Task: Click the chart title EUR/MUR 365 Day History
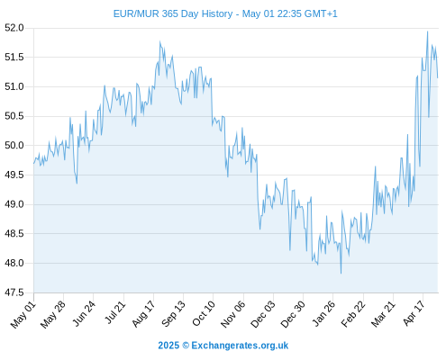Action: pyautogui.click(x=173, y=13)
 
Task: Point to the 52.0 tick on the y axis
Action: pyautogui.click(x=14, y=28)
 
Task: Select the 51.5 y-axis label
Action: pyautogui.click(x=14, y=57)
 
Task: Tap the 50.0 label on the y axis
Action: pyautogui.click(x=14, y=146)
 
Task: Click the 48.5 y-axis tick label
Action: pyautogui.click(x=14, y=234)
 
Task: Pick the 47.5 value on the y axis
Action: pyautogui.click(x=14, y=292)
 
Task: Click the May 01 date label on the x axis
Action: pyautogui.click(x=23, y=315)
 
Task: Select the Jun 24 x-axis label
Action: pyautogui.click(x=85, y=313)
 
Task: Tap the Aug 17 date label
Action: pyautogui.click(x=144, y=314)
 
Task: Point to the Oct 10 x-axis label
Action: pyautogui.click(x=204, y=313)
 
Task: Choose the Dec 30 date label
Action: pyautogui.click(x=293, y=314)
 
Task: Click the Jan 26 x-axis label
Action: pyautogui.click(x=323, y=313)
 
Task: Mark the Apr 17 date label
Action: pyautogui.click(x=414, y=313)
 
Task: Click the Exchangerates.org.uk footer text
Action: pyautogui.click(x=240, y=346)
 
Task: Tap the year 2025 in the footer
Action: pyautogui.click(x=168, y=346)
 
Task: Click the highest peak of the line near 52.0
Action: pyautogui.click(x=427, y=31)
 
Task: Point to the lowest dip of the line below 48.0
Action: pyautogui.click(x=341, y=273)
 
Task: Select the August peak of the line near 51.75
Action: pyautogui.click(x=159, y=41)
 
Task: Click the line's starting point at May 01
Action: pyautogui.click(x=33, y=164)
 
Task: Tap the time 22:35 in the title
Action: pyautogui.click(x=289, y=13)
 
